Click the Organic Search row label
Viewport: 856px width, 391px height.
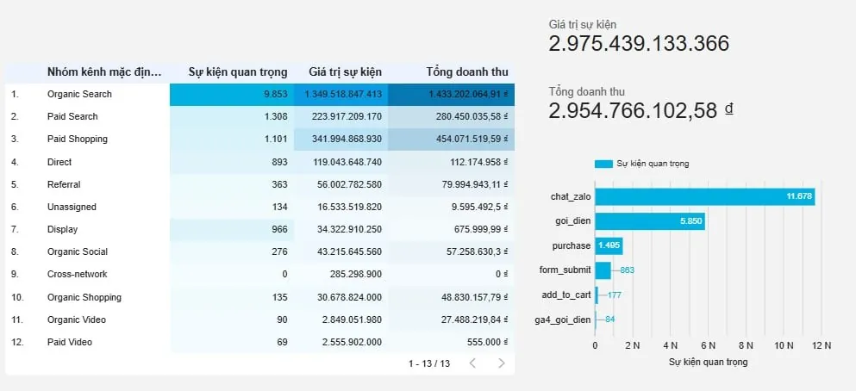pyautogui.click(x=79, y=94)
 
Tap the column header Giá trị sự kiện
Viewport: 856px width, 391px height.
pyautogui.click(x=345, y=71)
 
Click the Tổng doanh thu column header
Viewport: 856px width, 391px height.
pyautogui.click(x=467, y=71)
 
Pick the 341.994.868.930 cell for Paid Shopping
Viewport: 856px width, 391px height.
pyautogui.click(x=343, y=140)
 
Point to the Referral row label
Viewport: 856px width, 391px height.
pyautogui.click(x=64, y=184)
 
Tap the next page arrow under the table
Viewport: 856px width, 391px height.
pyautogui.click(x=501, y=363)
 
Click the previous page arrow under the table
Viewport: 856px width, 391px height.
pyautogui.click(x=472, y=363)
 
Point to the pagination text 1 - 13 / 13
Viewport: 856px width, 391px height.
pyautogui.click(x=429, y=363)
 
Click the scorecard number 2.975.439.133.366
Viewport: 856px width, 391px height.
pyautogui.click(x=639, y=44)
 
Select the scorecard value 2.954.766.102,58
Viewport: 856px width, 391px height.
pyautogui.click(x=633, y=110)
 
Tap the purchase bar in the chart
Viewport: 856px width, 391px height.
pyautogui.click(x=609, y=246)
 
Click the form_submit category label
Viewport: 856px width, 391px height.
pyautogui.click(x=564, y=270)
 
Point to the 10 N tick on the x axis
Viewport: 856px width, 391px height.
pyautogui.click(x=784, y=345)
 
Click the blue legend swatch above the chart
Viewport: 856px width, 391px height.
pyautogui.click(x=603, y=164)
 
